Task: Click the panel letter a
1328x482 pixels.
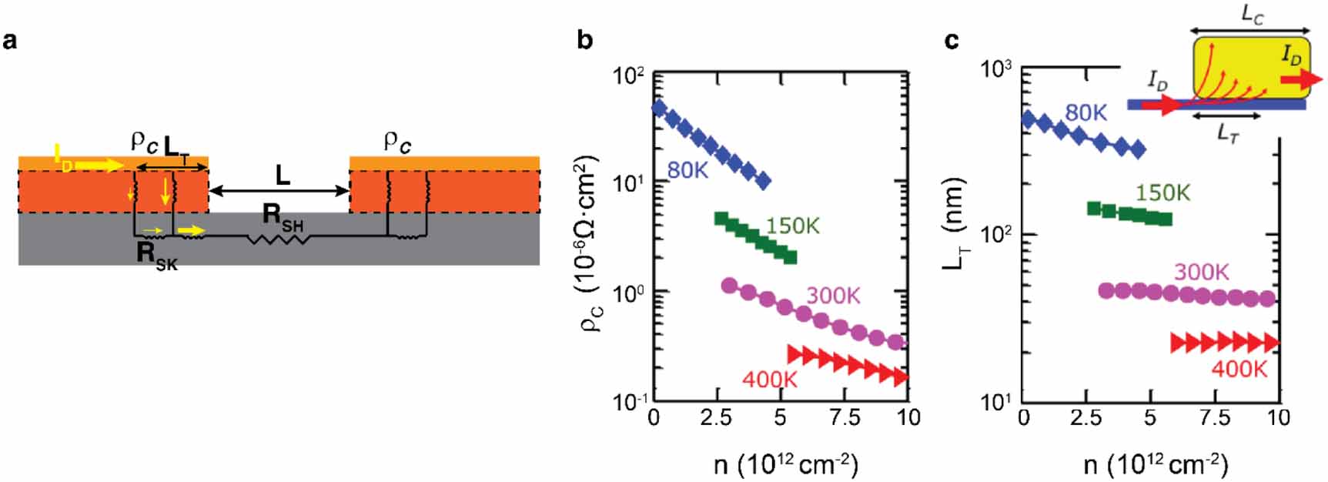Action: [x=10, y=40]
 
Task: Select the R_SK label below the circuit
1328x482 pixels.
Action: [x=156, y=256]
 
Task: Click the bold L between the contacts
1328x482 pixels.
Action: [x=283, y=176]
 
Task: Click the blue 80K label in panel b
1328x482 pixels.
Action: [x=687, y=169]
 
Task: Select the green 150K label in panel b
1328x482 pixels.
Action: [x=792, y=226]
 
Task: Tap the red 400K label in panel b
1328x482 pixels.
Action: [x=769, y=378]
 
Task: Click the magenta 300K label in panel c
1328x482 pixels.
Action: [x=1201, y=272]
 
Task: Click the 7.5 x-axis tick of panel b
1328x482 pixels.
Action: [x=845, y=417]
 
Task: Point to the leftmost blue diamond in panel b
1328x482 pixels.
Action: [x=659, y=108]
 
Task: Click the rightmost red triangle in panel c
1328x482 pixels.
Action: [x=1271, y=342]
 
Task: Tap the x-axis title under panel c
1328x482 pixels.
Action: [x=1155, y=464]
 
